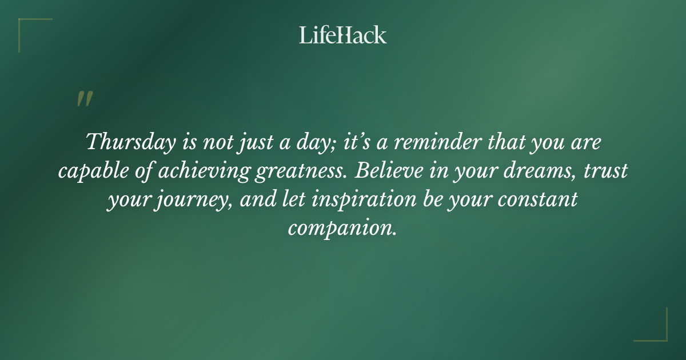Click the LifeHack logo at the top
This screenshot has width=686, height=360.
(x=342, y=35)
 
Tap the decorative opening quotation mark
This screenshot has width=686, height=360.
(x=84, y=99)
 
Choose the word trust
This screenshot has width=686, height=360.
(x=608, y=171)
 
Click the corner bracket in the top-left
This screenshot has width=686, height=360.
(x=26, y=26)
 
